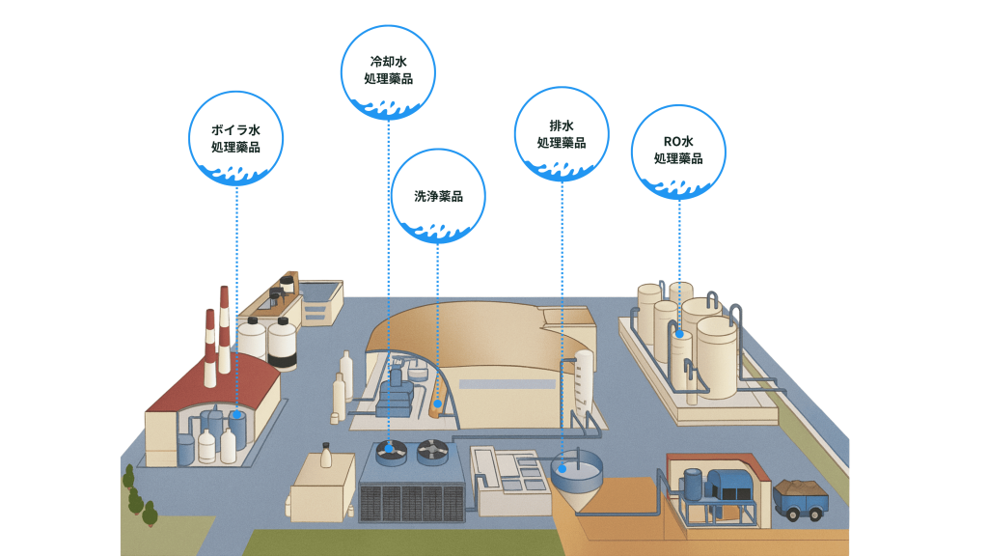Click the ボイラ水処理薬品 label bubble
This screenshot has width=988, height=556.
[236, 137]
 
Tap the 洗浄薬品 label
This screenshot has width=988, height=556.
[438, 196]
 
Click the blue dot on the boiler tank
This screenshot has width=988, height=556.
[237, 413]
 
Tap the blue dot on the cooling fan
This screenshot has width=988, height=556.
[388, 447]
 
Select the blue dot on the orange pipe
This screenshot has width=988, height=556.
[438, 404]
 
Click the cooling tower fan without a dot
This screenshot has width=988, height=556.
[431, 449]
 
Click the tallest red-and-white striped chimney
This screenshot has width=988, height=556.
[224, 328]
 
